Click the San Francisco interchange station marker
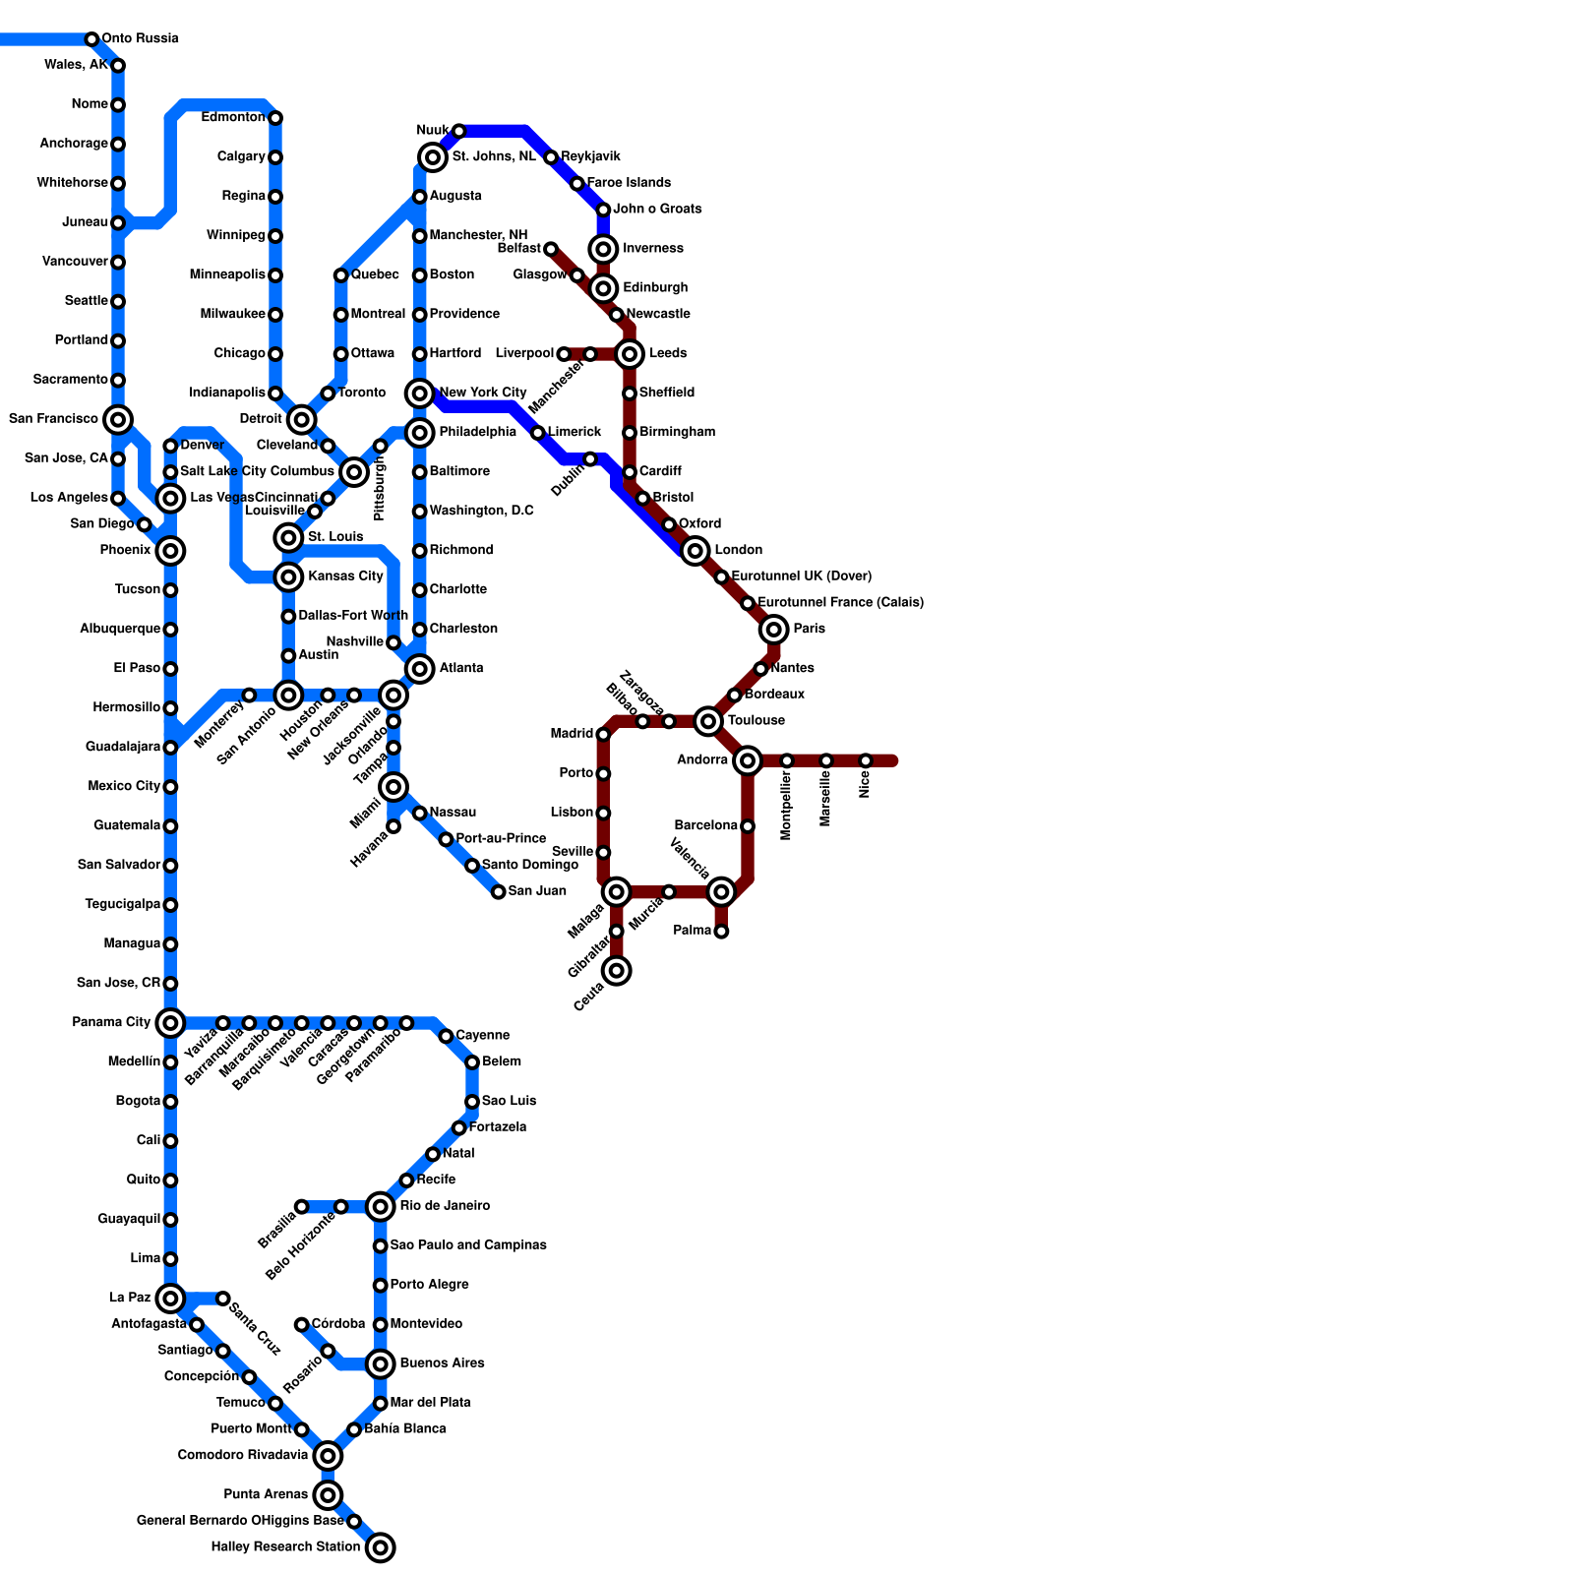[x=118, y=420]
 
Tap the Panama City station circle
[x=170, y=1023]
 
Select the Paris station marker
[x=774, y=630]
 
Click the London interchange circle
[x=696, y=551]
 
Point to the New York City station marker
[x=420, y=393]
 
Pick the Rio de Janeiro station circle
[x=381, y=1206]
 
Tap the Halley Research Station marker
[x=381, y=1547]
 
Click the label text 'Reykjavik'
[x=590, y=157]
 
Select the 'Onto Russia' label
[x=140, y=39]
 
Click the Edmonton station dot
[x=275, y=118]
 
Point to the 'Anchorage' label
[x=74, y=144]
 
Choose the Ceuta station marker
[x=617, y=971]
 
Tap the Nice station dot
[x=866, y=760]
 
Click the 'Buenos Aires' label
[x=442, y=1363]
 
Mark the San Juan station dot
[x=499, y=892]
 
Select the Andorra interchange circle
[x=748, y=760]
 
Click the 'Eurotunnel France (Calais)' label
[x=840, y=603]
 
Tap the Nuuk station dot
[x=459, y=131]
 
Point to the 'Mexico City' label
[x=124, y=787]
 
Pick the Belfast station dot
[x=551, y=249]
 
